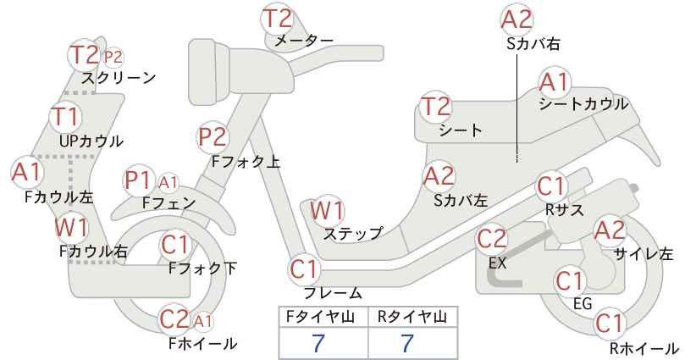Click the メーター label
(x=304, y=41)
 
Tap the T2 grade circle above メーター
(x=279, y=19)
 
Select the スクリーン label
(x=119, y=78)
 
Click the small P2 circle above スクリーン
(x=113, y=57)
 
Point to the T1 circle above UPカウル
(x=66, y=116)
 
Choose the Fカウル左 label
(x=59, y=197)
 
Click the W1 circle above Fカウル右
(x=71, y=228)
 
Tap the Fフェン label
(x=168, y=202)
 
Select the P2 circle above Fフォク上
(x=213, y=136)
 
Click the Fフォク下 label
(x=203, y=269)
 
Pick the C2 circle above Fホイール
(x=174, y=318)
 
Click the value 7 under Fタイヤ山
(x=318, y=343)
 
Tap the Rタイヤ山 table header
(x=412, y=317)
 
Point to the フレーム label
(x=333, y=293)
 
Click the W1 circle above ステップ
(x=327, y=210)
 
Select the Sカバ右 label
(x=533, y=43)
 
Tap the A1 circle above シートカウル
(x=555, y=82)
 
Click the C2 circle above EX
(x=491, y=239)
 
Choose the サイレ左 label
(x=644, y=254)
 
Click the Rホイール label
(x=644, y=348)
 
